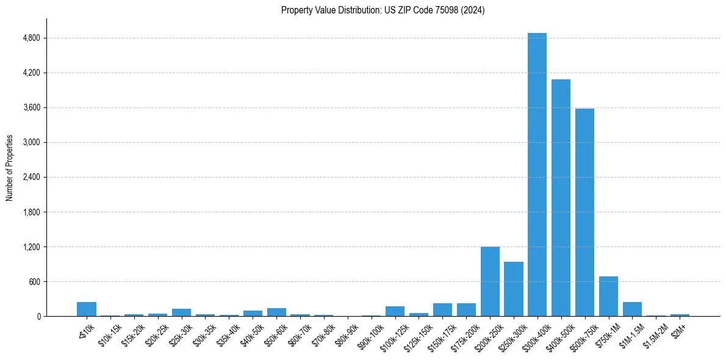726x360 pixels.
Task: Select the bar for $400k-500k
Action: coord(561,198)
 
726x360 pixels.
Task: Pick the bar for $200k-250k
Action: coord(490,281)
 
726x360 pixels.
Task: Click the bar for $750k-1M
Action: coord(608,297)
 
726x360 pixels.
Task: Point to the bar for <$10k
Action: coord(87,309)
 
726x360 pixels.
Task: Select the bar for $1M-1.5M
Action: coord(632,309)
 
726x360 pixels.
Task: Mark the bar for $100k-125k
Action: coord(395,311)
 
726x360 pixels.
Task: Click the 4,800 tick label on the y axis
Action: coord(31,38)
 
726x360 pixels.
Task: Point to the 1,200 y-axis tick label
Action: coord(31,247)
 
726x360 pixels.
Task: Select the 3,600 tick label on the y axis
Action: coord(31,107)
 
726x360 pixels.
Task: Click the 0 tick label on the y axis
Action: coord(38,317)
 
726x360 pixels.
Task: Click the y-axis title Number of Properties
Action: coord(9,168)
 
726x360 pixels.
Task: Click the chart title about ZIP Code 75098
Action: coord(383,10)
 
